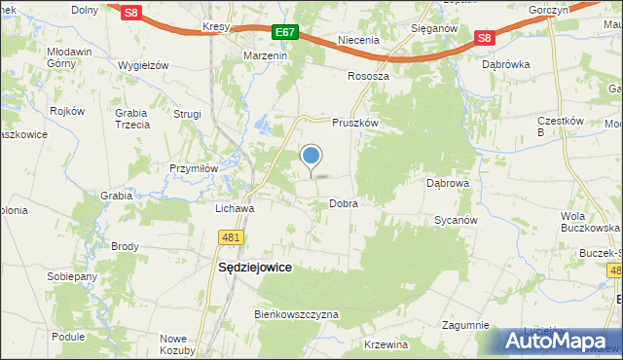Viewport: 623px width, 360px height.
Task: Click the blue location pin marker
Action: tap(311, 156)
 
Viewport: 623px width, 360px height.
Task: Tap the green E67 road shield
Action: tap(284, 32)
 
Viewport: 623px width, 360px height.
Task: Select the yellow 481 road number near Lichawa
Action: tap(231, 237)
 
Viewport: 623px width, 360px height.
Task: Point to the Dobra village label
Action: tap(344, 204)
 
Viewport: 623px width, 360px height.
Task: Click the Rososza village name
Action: tap(368, 76)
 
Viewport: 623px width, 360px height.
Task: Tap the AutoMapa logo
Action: tap(562, 342)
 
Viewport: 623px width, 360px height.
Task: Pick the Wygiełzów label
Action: tap(143, 65)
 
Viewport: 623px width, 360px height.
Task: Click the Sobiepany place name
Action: tap(72, 276)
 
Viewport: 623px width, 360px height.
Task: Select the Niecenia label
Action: tap(358, 41)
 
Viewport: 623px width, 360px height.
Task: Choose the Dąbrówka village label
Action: tap(505, 64)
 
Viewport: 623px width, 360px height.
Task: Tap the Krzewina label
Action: tap(386, 345)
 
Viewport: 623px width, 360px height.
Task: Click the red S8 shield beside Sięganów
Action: tap(486, 38)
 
